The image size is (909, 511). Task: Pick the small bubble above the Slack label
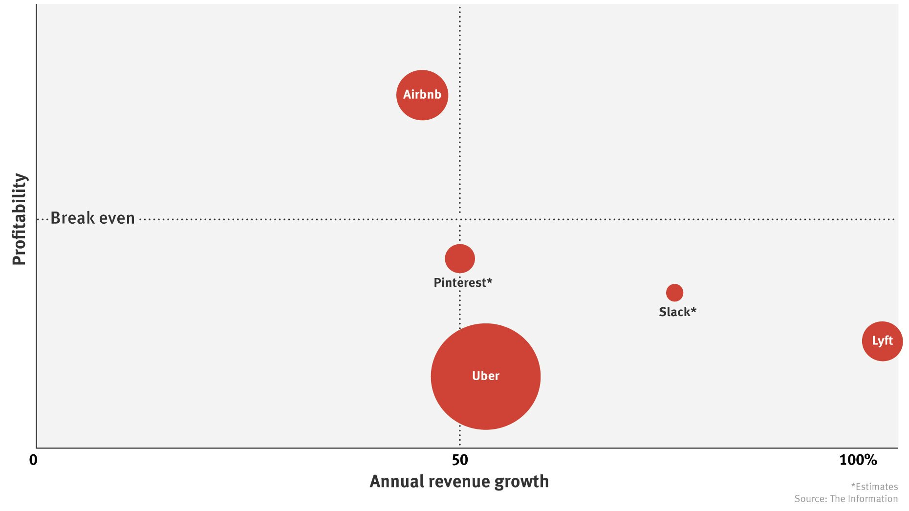click(674, 293)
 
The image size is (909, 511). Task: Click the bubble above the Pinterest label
click(459, 258)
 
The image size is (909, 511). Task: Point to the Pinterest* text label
click(463, 283)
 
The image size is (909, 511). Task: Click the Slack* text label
click(677, 312)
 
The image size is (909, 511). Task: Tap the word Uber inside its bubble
click(485, 376)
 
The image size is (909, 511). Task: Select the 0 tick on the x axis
click(33, 460)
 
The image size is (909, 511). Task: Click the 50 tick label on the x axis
click(459, 460)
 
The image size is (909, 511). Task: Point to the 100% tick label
click(858, 460)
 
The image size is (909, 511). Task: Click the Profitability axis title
click(19, 219)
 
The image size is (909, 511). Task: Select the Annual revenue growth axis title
click(459, 482)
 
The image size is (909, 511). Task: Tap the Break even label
click(92, 218)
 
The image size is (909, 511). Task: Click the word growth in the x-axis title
click(521, 482)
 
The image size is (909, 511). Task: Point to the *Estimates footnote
click(874, 487)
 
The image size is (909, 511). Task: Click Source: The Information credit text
click(846, 499)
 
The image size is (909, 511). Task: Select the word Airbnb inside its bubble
click(422, 94)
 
